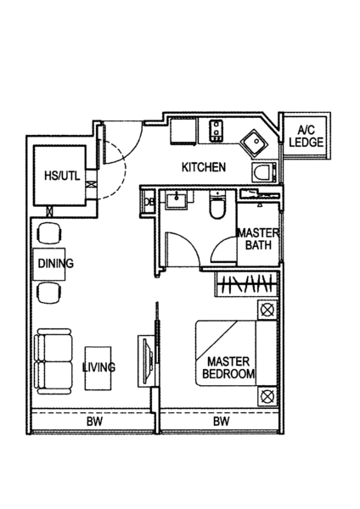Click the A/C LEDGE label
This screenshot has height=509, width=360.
pos(307,137)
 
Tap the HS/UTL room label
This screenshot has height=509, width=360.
pos(62,176)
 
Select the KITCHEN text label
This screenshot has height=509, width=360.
pos(204,167)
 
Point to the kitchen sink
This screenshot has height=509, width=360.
pos(255,143)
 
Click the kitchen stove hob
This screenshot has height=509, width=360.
pos(216,131)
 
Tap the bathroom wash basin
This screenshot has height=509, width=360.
pos(176,199)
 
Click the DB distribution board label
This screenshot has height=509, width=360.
pos(149,202)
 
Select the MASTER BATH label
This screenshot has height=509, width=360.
pos(258,239)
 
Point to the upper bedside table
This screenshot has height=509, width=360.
pos(267,310)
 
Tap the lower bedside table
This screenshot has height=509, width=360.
pos(267,395)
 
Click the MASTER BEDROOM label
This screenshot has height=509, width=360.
pos(228,368)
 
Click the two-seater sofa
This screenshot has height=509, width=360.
pos(53,361)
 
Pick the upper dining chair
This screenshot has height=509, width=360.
pos(50,233)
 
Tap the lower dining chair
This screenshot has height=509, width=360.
pos(50,293)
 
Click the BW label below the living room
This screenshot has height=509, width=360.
pos(94,422)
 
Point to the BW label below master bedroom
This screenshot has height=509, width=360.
pos(222,422)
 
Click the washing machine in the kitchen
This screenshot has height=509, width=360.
pos(264,171)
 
